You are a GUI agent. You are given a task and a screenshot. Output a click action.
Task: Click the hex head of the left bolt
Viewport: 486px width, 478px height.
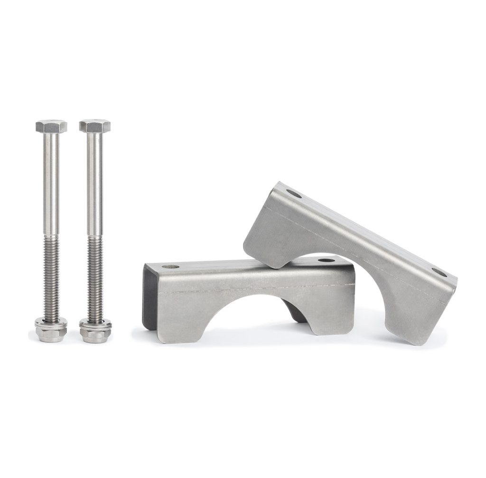click(51, 126)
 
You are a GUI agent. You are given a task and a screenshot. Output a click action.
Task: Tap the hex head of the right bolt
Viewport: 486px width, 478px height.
click(95, 126)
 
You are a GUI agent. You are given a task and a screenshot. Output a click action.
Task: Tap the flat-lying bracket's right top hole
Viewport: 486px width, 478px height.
click(325, 260)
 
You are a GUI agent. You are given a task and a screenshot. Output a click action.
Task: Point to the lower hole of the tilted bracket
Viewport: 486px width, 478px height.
click(439, 273)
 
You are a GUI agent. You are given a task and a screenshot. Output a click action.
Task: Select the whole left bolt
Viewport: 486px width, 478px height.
click(51, 228)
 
